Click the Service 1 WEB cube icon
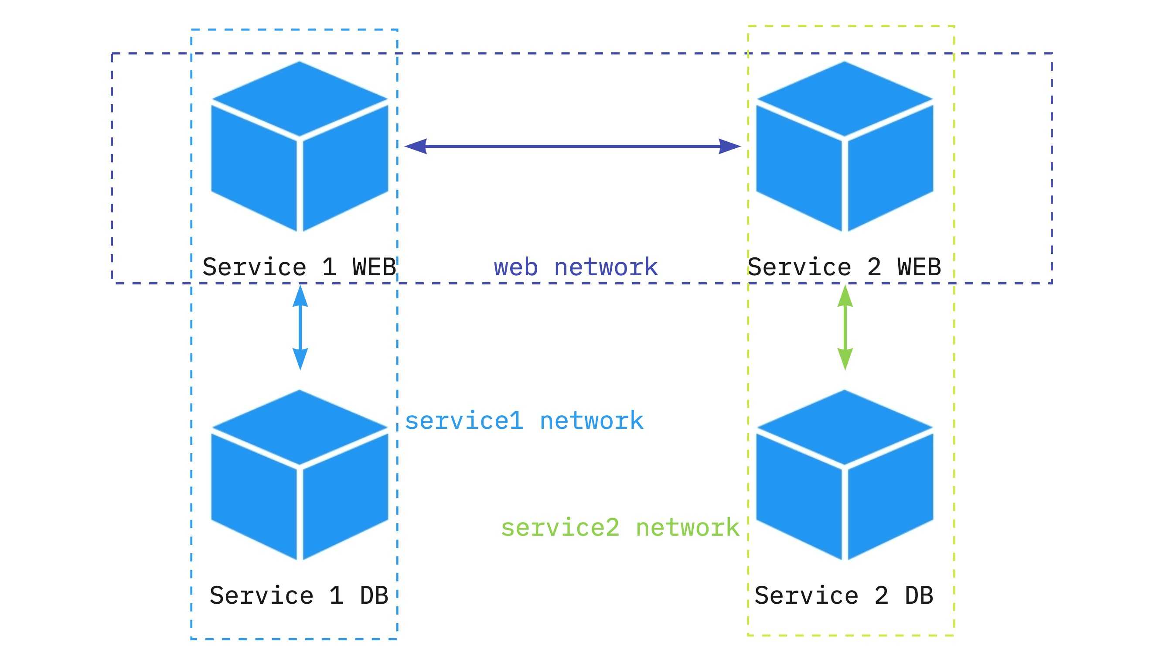click(x=300, y=146)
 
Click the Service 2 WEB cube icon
click(x=845, y=146)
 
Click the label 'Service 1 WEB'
click(x=299, y=267)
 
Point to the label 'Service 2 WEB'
click(x=844, y=267)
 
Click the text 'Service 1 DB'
click(x=299, y=595)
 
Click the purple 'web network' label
click(x=575, y=267)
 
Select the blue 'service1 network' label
click(x=524, y=421)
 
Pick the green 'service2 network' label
click(x=620, y=528)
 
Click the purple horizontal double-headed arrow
click(x=572, y=147)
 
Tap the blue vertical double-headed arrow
click(x=300, y=327)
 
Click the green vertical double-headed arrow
click(x=845, y=327)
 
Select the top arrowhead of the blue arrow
click(x=300, y=296)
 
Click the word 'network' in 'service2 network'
click(x=687, y=528)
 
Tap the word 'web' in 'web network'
click(x=515, y=267)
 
